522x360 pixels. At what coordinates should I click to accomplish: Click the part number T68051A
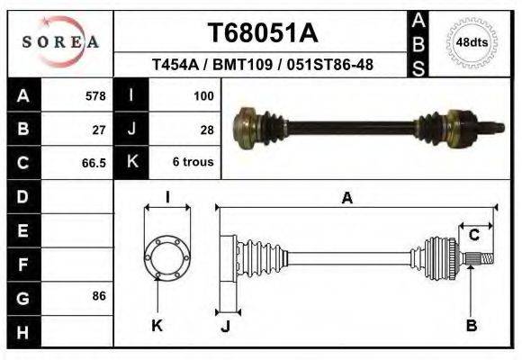pos(263,33)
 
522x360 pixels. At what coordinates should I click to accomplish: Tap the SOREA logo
pos(60,42)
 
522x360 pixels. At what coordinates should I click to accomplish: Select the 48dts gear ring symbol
pos(472,42)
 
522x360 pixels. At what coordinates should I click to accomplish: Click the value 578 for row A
pos(94,95)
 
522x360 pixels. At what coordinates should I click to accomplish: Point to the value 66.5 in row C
pos(94,163)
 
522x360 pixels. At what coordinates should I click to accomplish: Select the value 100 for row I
pos(202,95)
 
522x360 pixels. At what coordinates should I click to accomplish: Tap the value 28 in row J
pos(206,129)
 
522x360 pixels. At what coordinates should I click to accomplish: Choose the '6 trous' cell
pos(192,163)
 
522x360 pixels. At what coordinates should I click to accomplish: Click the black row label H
pos(22,332)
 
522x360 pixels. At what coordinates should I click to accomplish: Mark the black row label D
pos(22,196)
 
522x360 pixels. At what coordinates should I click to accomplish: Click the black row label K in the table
pos(131,163)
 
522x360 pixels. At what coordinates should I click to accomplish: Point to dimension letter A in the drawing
pos(347,199)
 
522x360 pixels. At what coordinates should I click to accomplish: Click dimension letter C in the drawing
pos(473,235)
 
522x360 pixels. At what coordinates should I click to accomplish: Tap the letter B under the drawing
pos(471,326)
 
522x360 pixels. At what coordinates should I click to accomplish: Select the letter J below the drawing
pos(225,326)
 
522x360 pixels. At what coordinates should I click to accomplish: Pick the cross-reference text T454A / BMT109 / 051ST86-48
pos(263,65)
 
